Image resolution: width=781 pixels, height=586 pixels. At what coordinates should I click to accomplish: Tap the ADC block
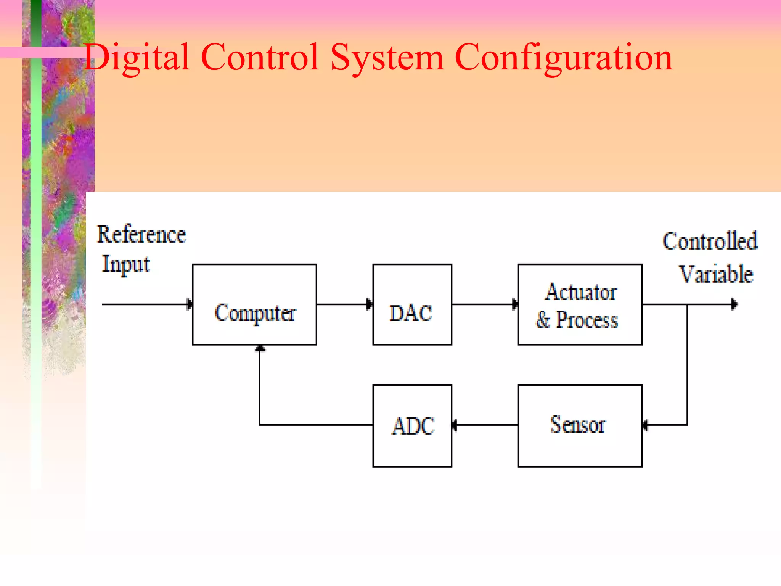tap(412, 425)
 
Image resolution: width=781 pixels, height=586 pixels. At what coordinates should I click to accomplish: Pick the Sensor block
tap(580, 425)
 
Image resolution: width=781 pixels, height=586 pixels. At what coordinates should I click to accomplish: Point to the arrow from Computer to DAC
tap(344, 304)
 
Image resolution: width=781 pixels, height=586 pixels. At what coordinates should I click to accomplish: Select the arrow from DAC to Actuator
tap(485, 304)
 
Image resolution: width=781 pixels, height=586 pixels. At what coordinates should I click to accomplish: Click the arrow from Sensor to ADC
tap(485, 425)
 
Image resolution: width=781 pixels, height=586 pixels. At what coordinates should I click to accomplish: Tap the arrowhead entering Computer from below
tap(260, 348)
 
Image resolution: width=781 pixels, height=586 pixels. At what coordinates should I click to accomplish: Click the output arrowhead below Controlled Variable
tap(734, 304)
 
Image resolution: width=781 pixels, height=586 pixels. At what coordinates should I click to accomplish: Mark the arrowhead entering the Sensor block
tap(645, 425)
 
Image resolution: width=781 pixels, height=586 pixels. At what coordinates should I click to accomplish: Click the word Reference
tap(141, 234)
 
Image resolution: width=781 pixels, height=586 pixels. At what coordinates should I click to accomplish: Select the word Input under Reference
tap(126, 264)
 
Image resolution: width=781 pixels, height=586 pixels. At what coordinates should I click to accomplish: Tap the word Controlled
tap(710, 241)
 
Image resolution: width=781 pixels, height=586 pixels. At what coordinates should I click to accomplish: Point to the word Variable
tap(716, 274)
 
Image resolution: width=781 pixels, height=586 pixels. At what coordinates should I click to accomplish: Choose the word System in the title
tap(387, 57)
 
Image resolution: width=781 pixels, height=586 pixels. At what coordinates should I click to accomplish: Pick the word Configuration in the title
tap(564, 57)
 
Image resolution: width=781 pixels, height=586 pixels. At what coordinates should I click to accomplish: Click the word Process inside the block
tap(587, 320)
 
